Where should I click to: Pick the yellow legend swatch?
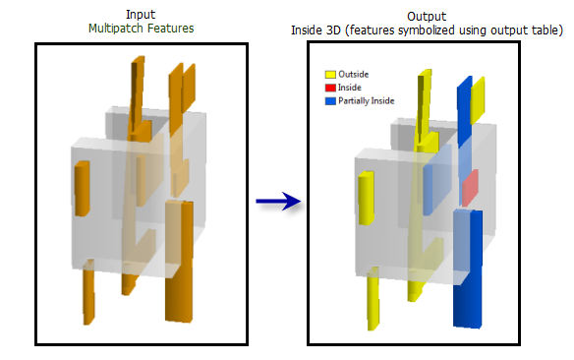pyautogui.click(x=331, y=74)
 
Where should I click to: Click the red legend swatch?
pyautogui.click(x=331, y=88)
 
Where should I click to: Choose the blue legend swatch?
pyautogui.click(x=331, y=101)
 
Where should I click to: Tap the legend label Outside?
pyautogui.click(x=353, y=74)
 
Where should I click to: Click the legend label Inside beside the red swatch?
pyautogui.click(x=350, y=88)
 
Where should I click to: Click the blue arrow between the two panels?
pyautogui.click(x=277, y=202)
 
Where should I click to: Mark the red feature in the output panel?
pyautogui.click(x=470, y=187)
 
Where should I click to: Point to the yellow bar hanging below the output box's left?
pyautogui.click(x=373, y=300)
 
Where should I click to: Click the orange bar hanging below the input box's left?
pyautogui.click(x=87, y=295)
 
